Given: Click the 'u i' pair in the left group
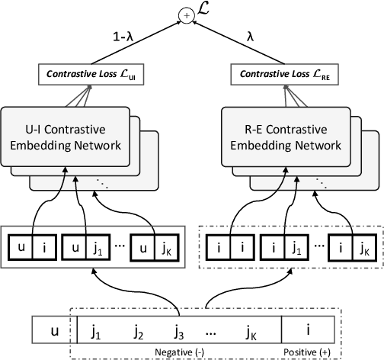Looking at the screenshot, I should (x=32, y=248).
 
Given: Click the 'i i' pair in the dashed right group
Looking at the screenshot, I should (x=228, y=248).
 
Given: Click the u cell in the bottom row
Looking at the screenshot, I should (x=53, y=333).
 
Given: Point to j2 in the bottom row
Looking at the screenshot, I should (x=138, y=333).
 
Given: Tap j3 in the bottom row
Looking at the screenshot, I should (x=178, y=333).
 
